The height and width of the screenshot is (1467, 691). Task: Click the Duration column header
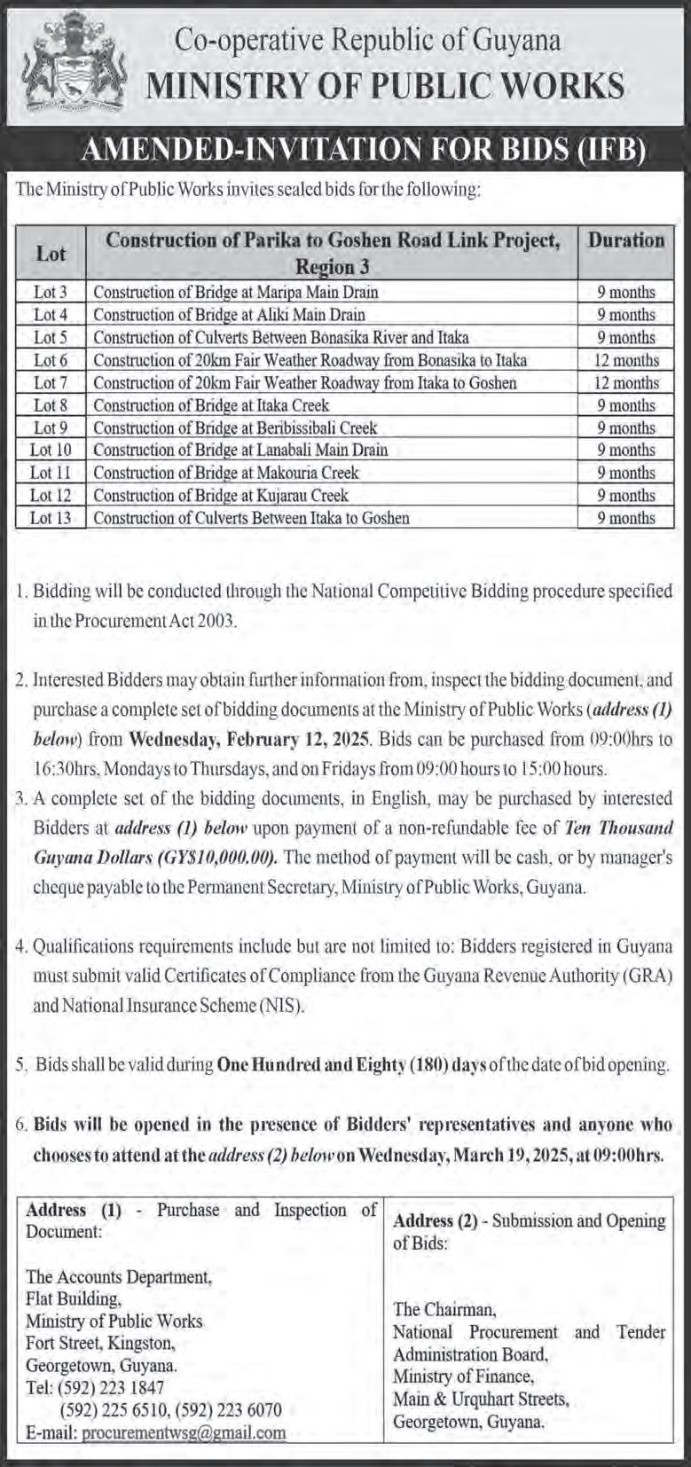pyautogui.click(x=626, y=240)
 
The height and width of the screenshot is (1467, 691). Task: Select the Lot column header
pyautogui.click(x=51, y=254)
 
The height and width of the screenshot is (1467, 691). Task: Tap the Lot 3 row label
pyautogui.click(x=50, y=292)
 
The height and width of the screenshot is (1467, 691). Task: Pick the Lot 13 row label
pyautogui.click(x=50, y=518)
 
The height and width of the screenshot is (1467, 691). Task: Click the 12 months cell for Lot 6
pyautogui.click(x=626, y=360)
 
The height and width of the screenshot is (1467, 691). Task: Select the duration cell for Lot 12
pyautogui.click(x=626, y=496)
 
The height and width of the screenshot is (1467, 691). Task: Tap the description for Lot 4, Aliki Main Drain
pyautogui.click(x=229, y=314)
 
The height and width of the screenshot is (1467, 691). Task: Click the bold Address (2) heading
pyautogui.click(x=433, y=1220)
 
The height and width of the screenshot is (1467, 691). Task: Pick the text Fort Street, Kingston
pyautogui.click(x=100, y=1343)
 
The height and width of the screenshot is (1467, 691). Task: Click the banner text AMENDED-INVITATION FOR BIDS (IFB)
pyautogui.click(x=361, y=152)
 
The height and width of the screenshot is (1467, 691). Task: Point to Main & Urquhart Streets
pyautogui.click(x=481, y=1399)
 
